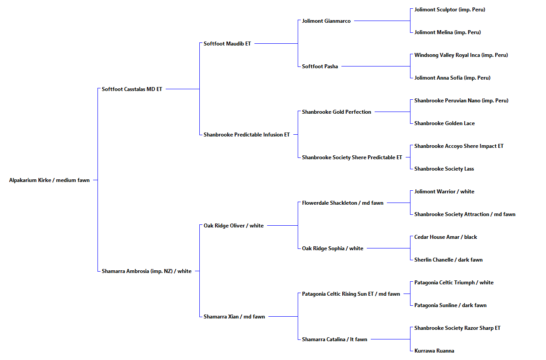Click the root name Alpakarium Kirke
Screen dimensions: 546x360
(30, 180)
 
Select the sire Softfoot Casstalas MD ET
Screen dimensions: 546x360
(132, 89)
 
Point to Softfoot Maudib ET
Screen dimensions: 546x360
(227, 44)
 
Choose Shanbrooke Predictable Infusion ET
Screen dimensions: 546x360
(247, 135)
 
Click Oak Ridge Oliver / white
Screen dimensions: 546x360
(233, 226)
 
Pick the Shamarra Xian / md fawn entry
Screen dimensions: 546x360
(234, 317)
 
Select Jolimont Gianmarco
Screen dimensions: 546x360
(326, 21)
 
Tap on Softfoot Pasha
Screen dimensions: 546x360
(320, 66)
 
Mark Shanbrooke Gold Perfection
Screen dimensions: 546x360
(336, 112)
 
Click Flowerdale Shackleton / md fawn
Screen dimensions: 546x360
(342, 203)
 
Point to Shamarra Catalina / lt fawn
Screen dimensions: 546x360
(334, 339)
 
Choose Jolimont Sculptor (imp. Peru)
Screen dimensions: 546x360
(450, 10)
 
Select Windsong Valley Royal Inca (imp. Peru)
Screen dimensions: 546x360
(461, 55)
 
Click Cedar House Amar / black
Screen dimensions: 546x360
(445, 237)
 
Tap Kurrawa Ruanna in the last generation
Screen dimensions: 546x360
(434, 351)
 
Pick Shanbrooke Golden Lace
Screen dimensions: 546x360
(444, 123)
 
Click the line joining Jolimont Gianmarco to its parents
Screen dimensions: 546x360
(382, 21)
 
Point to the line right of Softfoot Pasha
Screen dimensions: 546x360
(376, 66)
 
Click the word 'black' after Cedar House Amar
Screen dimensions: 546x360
(470, 237)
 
